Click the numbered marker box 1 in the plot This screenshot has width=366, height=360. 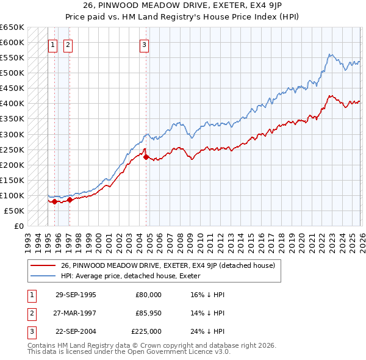(x=52, y=44)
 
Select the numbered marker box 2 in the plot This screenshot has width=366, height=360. (x=67, y=44)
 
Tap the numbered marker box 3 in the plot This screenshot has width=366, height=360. (x=145, y=44)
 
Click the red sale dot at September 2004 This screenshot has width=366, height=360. (x=146, y=157)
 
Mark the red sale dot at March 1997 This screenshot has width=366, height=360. (x=70, y=200)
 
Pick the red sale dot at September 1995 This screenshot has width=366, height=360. (x=55, y=201)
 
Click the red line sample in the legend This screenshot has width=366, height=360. (x=43, y=265)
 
